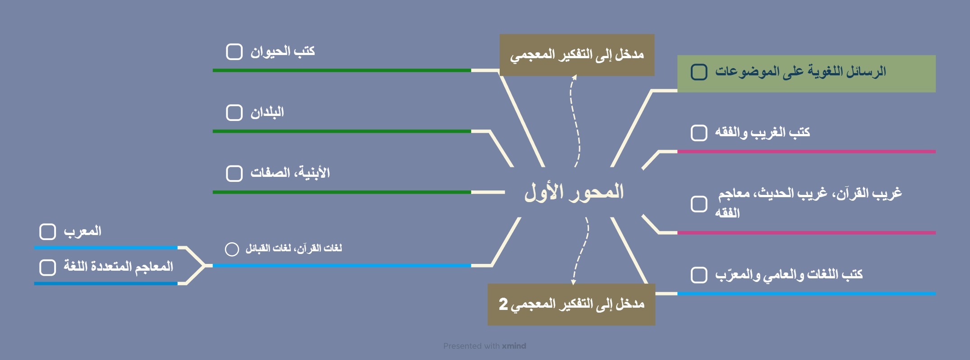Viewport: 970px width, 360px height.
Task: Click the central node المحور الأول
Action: [574, 192]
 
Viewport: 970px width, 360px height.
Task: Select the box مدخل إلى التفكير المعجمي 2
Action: [571, 305]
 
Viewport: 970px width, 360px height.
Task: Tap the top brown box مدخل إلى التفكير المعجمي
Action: [577, 55]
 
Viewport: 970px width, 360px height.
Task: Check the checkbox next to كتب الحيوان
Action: [234, 51]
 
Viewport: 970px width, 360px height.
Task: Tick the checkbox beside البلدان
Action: [234, 112]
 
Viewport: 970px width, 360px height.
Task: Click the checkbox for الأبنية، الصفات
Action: [234, 173]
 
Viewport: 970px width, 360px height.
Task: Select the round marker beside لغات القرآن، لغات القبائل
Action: [232, 249]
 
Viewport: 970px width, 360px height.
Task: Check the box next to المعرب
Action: [48, 231]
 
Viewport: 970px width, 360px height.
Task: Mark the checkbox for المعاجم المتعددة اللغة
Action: [48, 267]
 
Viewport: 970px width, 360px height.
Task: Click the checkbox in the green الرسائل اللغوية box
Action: [699, 72]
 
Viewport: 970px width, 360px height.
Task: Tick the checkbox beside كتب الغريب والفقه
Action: [699, 133]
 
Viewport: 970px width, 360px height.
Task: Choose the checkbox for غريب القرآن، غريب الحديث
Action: [699, 204]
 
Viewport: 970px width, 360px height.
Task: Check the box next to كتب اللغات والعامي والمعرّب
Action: [699, 275]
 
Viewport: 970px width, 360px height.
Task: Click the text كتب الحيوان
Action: [283, 51]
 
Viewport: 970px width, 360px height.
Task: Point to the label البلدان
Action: [267, 112]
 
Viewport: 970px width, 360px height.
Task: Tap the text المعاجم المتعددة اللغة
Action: [118, 267]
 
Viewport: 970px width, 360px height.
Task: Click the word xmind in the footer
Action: [514, 346]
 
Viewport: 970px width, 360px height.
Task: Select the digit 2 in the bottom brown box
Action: [503, 304]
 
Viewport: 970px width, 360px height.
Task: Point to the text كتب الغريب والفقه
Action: [763, 133]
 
